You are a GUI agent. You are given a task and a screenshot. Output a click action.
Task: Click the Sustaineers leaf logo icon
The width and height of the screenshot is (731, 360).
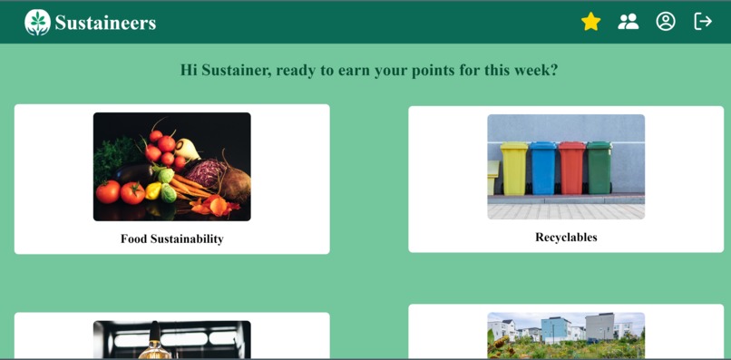pyautogui.click(x=37, y=23)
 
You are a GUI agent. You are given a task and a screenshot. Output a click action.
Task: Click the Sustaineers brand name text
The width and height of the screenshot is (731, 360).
pyautogui.click(x=105, y=24)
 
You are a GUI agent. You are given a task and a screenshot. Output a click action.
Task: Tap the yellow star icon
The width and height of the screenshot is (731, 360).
pyautogui.click(x=591, y=22)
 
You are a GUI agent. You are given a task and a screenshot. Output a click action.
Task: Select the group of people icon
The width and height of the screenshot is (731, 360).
pyautogui.click(x=628, y=22)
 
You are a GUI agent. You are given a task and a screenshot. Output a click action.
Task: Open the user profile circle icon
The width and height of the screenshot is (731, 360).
pyautogui.click(x=666, y=22)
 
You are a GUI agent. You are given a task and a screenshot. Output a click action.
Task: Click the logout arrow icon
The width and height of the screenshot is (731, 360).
pyautogui.click(x=703, y=22)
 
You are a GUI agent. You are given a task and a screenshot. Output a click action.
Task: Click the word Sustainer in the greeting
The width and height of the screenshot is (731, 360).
pyautogui.click(x=234, y=71)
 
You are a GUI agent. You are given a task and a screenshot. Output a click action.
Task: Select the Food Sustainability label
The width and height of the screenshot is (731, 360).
pyautogui.click(x=171, y=239)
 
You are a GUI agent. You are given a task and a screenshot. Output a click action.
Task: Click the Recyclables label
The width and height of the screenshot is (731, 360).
pyautogui.click(x=566, y=238)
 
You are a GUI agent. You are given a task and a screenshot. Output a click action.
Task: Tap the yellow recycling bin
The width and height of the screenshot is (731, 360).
pyautogui.click(x=514, y=168)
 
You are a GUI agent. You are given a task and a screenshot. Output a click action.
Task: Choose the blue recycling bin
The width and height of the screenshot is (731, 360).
pyautogui.click(x=542, y=168)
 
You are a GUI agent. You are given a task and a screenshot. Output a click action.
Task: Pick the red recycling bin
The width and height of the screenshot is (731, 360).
pyautogui.click(x=571, y=168)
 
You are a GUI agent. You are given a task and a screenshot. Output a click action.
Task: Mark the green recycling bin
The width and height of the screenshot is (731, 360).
pyautogui.click(x=599, y=168)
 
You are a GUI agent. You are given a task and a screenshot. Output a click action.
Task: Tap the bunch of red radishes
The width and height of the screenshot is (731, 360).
pyautogui.click(x=162, y=146)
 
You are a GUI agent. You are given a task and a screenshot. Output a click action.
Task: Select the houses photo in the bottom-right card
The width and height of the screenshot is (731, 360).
pyautogui.click(x=566, y=336)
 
